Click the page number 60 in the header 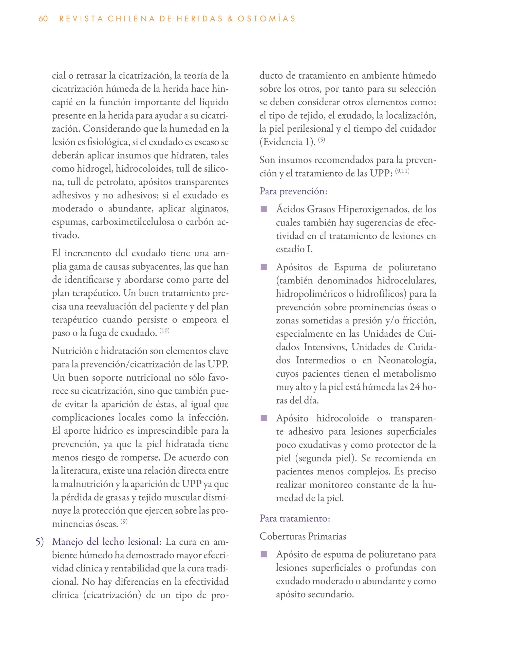point(43,19)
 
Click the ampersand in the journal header point(229,19)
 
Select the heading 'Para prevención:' point(293,191)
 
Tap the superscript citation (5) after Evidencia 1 point(322,140)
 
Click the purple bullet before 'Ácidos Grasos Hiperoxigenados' point(264,210)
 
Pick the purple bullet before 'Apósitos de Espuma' point(264,268)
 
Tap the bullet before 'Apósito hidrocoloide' point(264,419)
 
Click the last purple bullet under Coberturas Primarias point(264,555)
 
